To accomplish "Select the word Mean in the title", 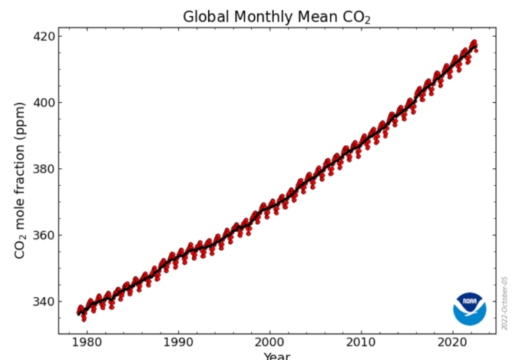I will pos(312,17).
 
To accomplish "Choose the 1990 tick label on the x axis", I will pos(178,342).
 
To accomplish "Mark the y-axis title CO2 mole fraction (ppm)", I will pos(21,181).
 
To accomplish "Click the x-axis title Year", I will pos(276,356).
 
